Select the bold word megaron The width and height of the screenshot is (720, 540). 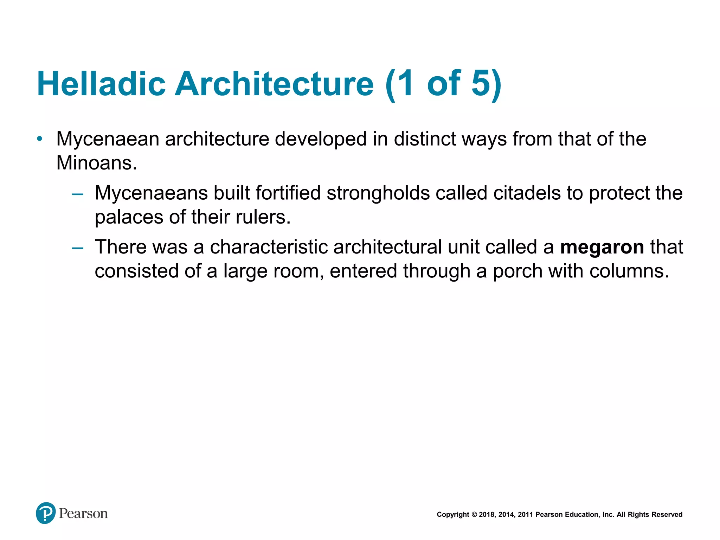(x=602, y=247)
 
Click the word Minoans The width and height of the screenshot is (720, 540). (x=97, y=163)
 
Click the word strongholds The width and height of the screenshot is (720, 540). (x=378, y=193)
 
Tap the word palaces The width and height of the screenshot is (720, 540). (x=129, y=217)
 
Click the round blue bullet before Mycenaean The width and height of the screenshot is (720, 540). (x=40, y=139)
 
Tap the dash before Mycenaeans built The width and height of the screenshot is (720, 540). (x=77, y=194)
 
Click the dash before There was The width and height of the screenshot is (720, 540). (x=77, y=248)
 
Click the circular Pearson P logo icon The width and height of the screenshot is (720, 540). (x=46, y=513)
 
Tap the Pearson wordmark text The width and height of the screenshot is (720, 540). (x=83, y=514)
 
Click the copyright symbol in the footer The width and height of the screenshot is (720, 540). (x=474, y=515)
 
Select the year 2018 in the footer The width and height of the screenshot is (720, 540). (x=487, y=515)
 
